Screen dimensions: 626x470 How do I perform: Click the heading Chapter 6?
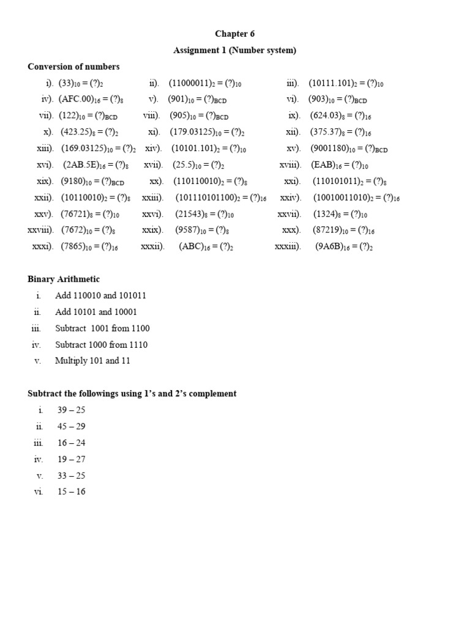(x=234, y=34)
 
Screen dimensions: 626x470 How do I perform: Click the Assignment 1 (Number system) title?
(x=234, y=50)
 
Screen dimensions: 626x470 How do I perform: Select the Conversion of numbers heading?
(x=73, y=67)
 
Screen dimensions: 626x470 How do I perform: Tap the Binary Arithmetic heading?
(x=64, y=279)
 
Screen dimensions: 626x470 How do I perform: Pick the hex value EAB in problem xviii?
(x=324, y=165)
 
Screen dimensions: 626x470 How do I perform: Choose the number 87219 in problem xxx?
(x=329, y=230)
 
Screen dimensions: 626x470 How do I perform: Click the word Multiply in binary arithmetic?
(x=70, y=361)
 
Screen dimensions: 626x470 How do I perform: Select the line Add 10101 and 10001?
(x=96, y=312)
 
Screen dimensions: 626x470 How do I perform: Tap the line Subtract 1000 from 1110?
(x=101, y=344)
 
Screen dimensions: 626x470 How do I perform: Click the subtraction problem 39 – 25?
(x=71, y=410)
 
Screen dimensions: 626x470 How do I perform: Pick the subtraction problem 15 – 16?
(x=71, y=492)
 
